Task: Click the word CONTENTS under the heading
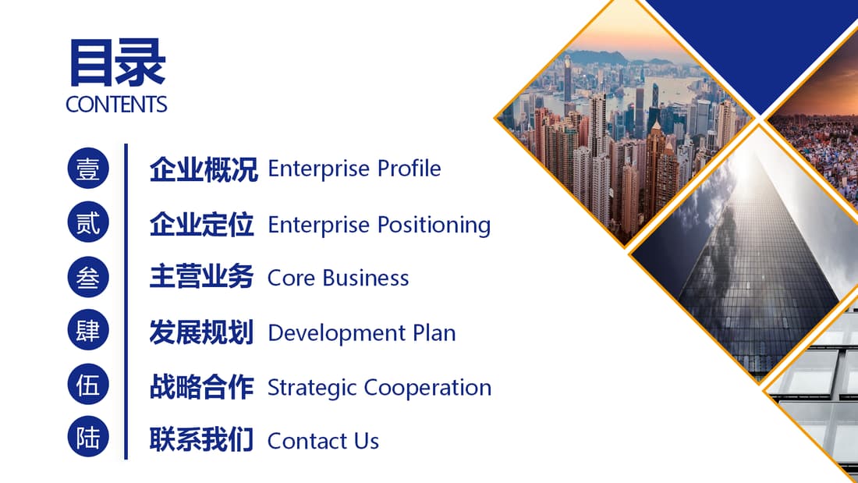coord(116,105)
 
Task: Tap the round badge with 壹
coord(88,168)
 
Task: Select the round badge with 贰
coord(88,222)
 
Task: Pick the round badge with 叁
coord(88,277)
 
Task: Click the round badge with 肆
coord(88,330)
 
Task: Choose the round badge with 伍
coord(88,385)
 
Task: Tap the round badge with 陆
coord(88,437)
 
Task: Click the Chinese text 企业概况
coord(204,169)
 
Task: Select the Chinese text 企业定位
coord(201,225)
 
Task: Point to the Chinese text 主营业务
coord(201,276)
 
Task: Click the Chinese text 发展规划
coord(201,332)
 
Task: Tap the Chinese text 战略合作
coord(201,386)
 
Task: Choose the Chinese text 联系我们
coord(201,440)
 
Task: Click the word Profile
coord(409,168)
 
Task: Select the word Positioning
coord(434,226)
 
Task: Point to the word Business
coord(366,279)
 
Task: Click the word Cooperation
coord(427,389)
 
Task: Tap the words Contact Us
coord(324,441)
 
